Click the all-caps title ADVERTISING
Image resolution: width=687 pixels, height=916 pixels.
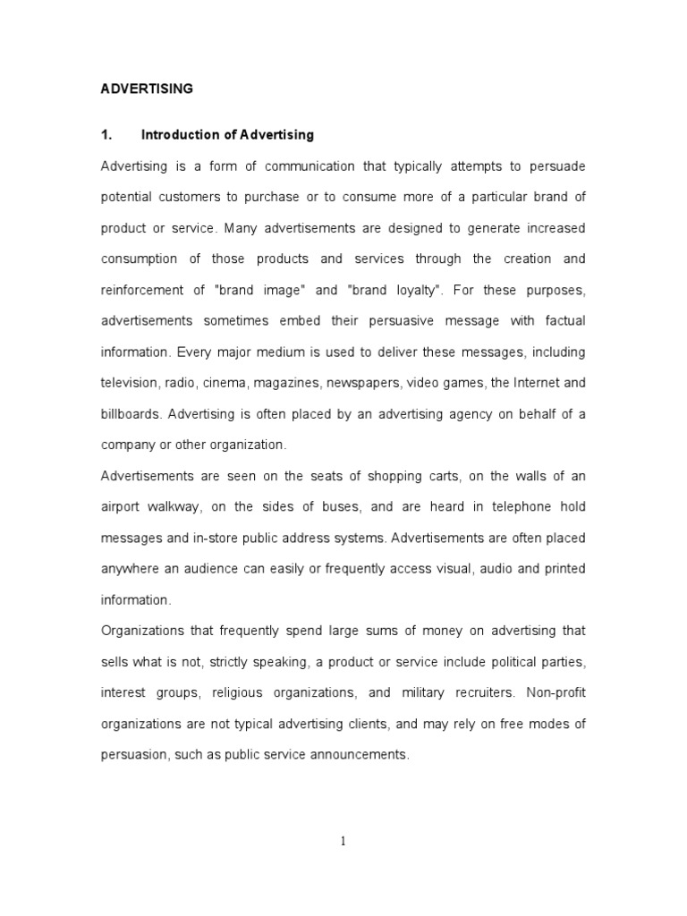tap(146, 89)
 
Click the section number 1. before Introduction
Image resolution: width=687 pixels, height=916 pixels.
tap(106, 135)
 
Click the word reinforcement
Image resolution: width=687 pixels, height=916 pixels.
tap(147, 290)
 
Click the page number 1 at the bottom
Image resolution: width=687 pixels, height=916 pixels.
tap(343, 840)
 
